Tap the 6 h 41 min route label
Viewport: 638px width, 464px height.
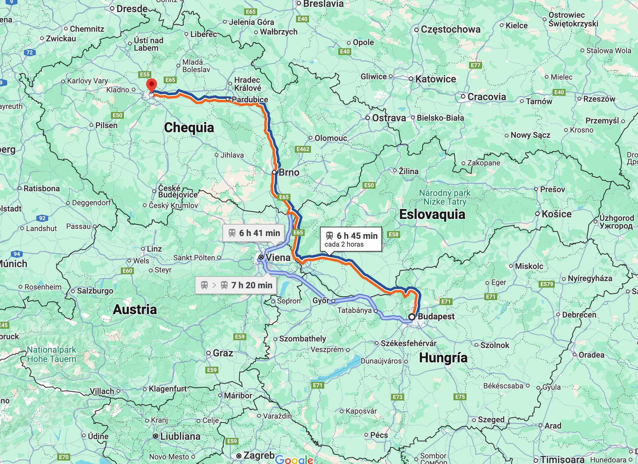pos(254,233)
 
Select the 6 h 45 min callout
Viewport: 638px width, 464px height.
pos(351,239)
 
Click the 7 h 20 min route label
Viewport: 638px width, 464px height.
pos(236,285)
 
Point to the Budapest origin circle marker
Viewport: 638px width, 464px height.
pos(412,317)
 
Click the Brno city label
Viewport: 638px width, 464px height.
pos(289,172)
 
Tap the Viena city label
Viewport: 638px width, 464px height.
pos(278,258)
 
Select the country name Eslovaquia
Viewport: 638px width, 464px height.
pos(432,214)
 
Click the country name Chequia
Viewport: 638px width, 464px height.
pos(189,128)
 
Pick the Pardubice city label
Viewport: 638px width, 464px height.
pos(250,100)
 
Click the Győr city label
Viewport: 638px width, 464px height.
pos(321,300)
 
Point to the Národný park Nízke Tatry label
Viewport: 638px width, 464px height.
pos(445,197)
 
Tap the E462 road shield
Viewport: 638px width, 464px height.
pos(303,149)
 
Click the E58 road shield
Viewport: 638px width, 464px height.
pos(393,234)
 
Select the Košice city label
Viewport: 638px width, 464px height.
pos(556,214)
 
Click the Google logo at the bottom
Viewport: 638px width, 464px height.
pos(294,459)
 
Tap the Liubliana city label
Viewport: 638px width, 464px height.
pos(180,436)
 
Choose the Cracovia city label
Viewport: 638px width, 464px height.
pos(486,97)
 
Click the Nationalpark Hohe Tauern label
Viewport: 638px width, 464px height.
pos(52,354)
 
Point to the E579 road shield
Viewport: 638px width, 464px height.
pos(546,284)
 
